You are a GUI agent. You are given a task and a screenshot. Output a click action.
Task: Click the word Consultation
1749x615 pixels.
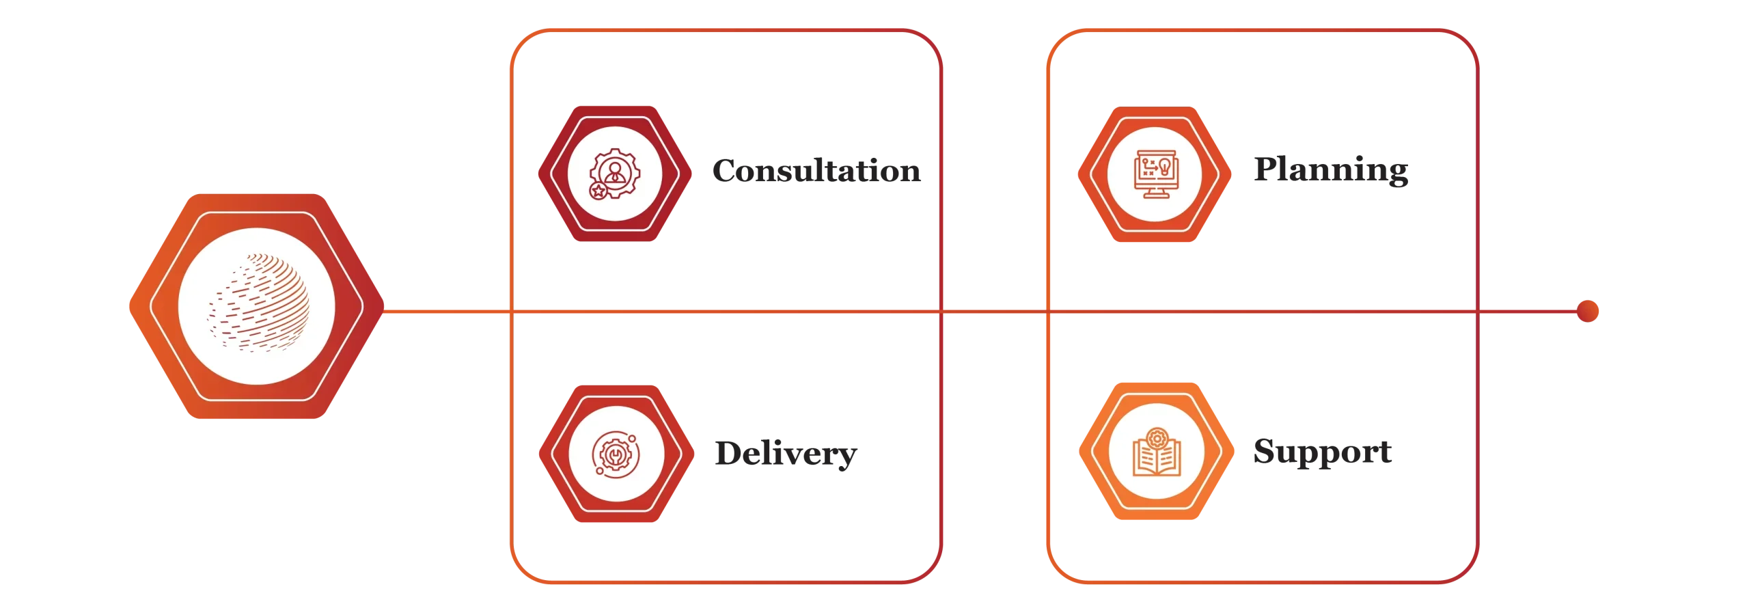(816, 171)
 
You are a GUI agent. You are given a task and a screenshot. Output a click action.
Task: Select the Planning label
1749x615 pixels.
(1331, 169)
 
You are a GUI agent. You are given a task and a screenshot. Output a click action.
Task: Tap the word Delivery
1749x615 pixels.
(786, 454)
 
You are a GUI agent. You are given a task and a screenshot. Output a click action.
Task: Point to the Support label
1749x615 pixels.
(1322, 452)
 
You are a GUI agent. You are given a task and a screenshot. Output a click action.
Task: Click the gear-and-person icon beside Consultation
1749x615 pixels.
(615, 174)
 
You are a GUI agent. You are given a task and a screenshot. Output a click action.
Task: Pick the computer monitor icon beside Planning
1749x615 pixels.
(1155, 174)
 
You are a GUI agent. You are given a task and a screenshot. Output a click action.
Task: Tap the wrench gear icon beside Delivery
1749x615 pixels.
(616, 454)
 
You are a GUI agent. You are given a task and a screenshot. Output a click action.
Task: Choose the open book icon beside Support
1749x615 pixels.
(1157, 452)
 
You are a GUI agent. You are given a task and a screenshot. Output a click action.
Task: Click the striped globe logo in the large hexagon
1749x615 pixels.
(258, 303)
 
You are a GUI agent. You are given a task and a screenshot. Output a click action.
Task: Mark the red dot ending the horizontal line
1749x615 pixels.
(1587, 311)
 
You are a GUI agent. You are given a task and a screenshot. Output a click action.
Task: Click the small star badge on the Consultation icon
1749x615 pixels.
(598, 191)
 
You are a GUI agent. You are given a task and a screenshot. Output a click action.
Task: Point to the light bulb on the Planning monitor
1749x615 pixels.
(1165, 167)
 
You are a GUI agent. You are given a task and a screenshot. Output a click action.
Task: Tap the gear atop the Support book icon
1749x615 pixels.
(1157, 438)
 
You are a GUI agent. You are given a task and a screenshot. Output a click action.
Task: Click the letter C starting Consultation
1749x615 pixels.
(726, 171)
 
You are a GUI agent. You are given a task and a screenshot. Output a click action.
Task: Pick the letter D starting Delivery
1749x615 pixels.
(729, 454)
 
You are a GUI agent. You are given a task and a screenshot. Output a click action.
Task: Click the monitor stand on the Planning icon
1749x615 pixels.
(1155, 193)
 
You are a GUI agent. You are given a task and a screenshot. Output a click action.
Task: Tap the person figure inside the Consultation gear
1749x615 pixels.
(615, 173)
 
